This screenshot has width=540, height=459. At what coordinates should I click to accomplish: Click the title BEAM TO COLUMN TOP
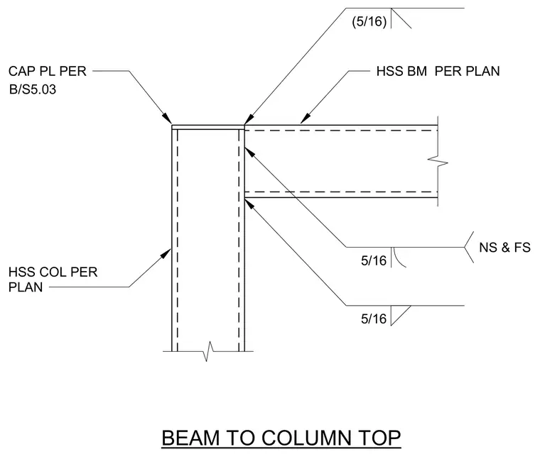point(281,438)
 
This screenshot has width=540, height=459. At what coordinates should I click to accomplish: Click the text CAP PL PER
point(47,71)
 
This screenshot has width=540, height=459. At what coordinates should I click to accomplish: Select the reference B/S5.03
point(33,89)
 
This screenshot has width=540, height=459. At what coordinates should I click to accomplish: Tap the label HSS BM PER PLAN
point(438,71)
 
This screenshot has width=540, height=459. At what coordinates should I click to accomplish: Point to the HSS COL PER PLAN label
point(53,280)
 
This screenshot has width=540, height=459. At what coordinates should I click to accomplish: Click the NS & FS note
point(504,248)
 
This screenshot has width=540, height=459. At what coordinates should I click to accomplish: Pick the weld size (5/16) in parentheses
point(369,22)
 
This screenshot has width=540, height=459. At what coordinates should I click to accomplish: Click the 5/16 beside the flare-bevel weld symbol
point(374,260)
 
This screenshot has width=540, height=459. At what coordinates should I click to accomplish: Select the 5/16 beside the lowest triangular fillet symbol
point(374,319)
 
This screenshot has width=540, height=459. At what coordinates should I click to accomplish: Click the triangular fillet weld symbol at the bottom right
point(399,314)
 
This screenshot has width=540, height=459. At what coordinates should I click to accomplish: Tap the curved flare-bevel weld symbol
point(398,258)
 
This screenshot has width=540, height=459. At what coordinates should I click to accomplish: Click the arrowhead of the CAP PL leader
point(167,118)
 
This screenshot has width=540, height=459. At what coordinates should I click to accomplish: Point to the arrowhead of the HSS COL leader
point(166,254)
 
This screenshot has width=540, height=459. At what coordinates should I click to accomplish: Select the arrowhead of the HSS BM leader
point(306,118)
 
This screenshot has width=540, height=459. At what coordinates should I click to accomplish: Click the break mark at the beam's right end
point(438,161)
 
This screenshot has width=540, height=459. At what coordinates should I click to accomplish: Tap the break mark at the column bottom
point(208,351)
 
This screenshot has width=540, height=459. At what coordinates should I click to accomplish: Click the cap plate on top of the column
point(208,127)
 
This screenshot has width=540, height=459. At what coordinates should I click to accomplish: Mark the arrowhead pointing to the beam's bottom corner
point(249,204)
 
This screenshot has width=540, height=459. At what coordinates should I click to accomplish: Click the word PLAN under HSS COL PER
point(26,287)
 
